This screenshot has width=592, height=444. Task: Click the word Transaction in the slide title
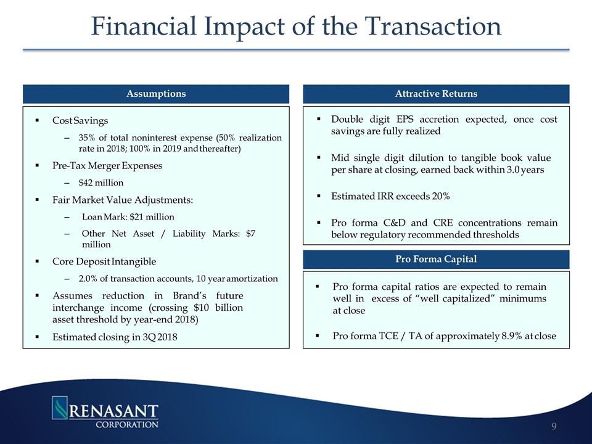click(433, 27)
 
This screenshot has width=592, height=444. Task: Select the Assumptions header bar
click(156, 94)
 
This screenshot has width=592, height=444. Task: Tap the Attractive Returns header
click(436, 94)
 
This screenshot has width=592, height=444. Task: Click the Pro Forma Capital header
click(436, 259)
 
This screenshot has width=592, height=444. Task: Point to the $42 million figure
click(101, 183)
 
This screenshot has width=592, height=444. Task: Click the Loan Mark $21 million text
click(128, 217)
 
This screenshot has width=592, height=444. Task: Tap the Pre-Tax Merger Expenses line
click(107, 165)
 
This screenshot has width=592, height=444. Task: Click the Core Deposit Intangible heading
click(104, 261)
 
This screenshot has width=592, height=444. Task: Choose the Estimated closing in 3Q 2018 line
click(110, 337)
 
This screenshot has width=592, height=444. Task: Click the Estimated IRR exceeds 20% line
click(390, 196)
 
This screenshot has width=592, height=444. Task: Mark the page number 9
click(555, 425)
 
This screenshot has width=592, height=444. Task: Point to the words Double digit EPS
click(372, 119)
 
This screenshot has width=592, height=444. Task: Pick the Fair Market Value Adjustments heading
click(123, 200)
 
